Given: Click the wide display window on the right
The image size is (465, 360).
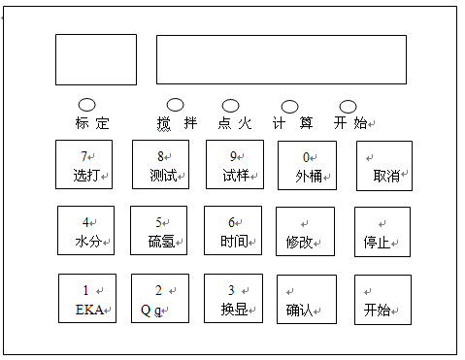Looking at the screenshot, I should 281,59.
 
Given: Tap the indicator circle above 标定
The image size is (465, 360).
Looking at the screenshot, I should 86,104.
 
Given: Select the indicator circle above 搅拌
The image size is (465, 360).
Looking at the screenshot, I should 176,104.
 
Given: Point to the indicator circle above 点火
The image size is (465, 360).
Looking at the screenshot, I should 230,105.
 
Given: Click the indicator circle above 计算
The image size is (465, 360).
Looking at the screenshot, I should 290,106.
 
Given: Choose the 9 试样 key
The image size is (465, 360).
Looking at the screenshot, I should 235,165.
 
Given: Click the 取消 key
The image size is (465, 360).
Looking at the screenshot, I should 383,166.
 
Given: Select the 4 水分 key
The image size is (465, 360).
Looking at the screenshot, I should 85,231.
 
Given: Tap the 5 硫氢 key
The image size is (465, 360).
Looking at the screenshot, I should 159,231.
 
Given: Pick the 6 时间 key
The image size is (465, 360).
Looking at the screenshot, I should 233,231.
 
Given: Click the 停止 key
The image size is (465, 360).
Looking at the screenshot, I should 382,232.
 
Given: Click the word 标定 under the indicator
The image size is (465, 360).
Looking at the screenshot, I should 92,123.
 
